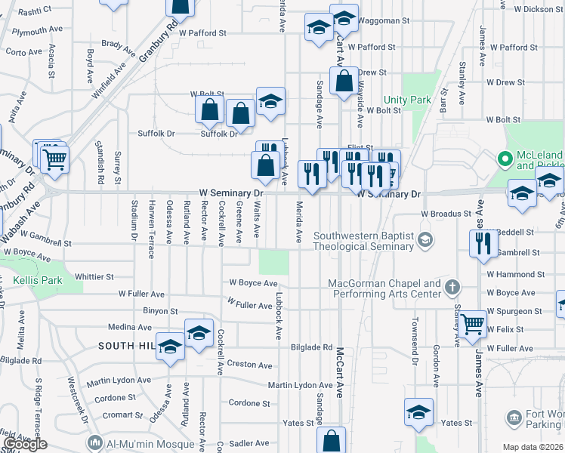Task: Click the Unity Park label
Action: click(x=406, y=100)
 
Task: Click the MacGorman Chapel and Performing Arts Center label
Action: click(x=384, y=288)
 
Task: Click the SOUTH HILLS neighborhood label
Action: click(x=125, y=346)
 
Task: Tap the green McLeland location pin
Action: click(x=505, y=159)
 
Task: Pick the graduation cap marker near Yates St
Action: click(x=418, y=412)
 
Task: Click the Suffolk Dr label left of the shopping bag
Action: click(x=156, y=134)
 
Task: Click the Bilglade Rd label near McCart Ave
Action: click(x=311, y=348)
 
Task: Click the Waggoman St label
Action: click(x=383, y=20)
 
